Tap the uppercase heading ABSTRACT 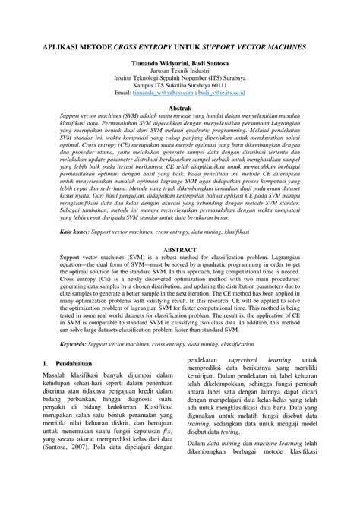[179, 248]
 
